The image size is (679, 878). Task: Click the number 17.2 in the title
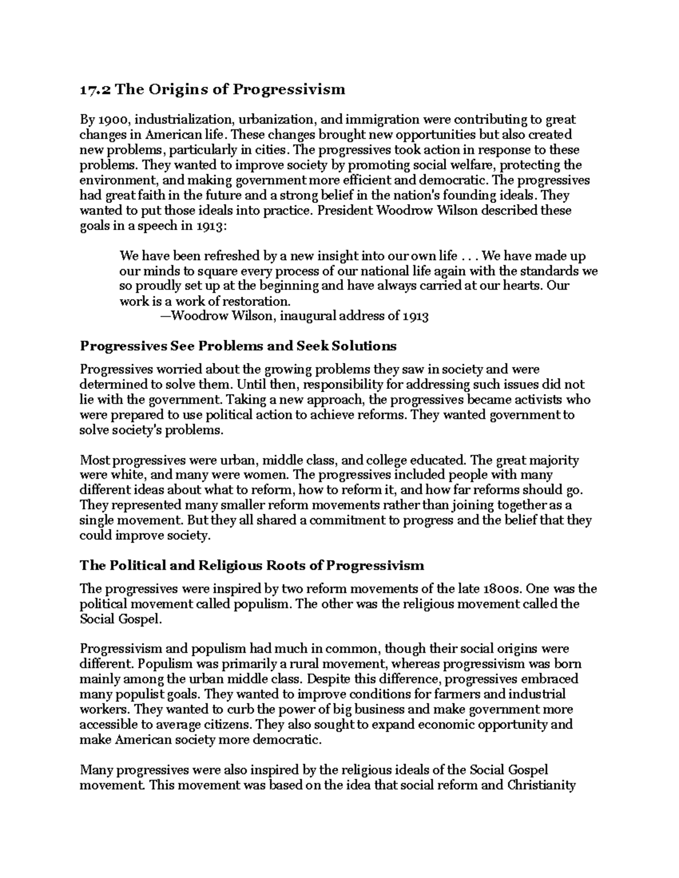coord(91,89)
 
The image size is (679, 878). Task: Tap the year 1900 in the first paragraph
coord(112,119)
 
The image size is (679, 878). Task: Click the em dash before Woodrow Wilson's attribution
coord(165,315)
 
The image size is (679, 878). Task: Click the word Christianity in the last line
coord(541,785)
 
